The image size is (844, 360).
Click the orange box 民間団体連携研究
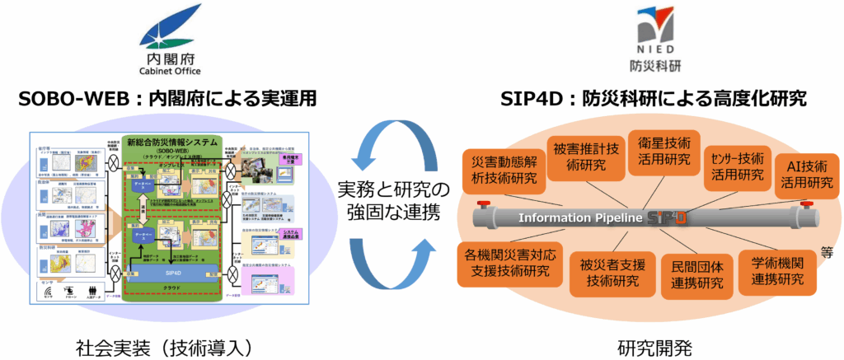coord(692,274)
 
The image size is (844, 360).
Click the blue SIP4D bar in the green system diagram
coord(180,271)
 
